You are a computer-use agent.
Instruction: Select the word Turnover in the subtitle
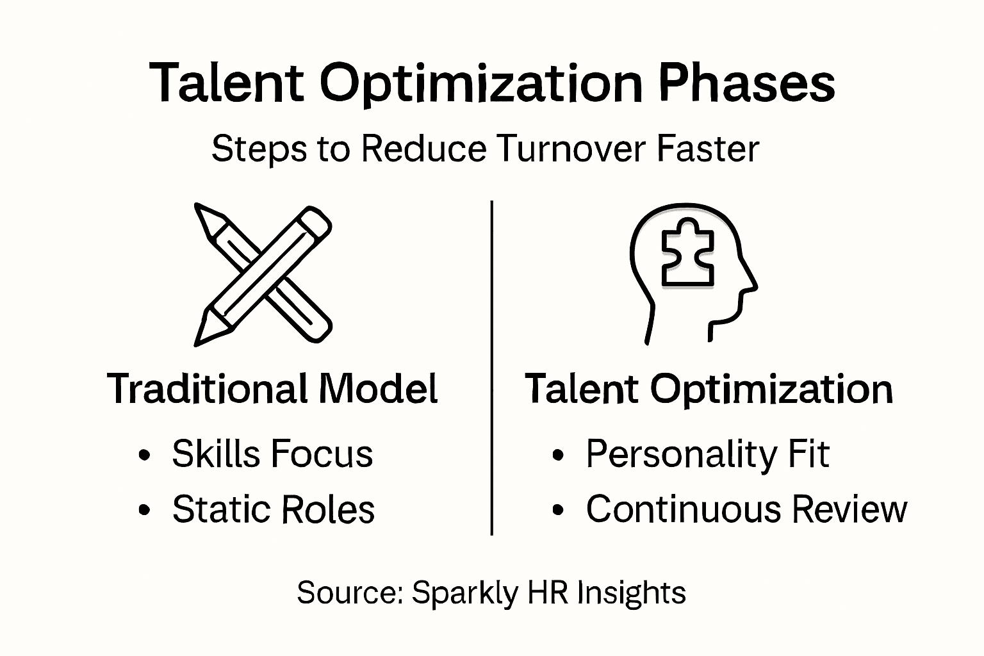pos(570,149)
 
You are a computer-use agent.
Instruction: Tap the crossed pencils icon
pos(263,274)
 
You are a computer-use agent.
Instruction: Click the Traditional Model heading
pos(272,389)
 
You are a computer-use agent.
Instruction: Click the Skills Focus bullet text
pos(272,454)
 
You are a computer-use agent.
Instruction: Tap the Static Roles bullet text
pos(274,510)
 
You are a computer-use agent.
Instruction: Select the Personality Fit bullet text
pos(707,455)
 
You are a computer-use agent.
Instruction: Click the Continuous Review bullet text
pos(746,509)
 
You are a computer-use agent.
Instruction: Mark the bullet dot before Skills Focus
pos(145,455)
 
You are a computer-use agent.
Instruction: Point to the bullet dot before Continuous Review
pos(558,511)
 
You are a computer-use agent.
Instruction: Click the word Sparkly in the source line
pos(464,593)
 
